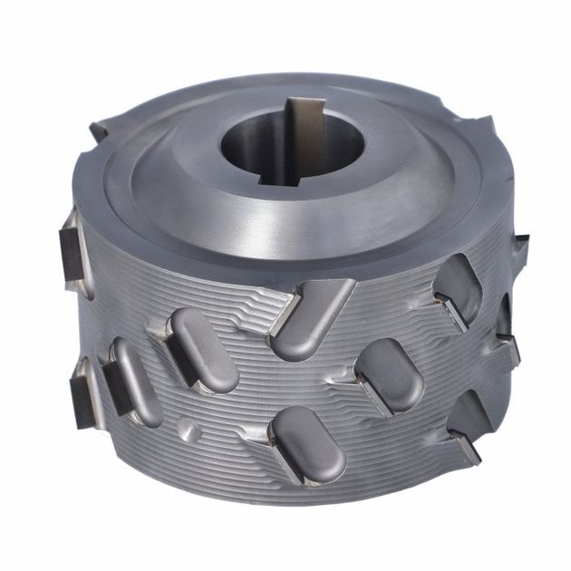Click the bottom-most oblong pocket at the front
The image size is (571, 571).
308,443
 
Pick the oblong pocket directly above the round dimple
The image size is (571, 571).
202,349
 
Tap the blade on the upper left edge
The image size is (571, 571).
72,246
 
